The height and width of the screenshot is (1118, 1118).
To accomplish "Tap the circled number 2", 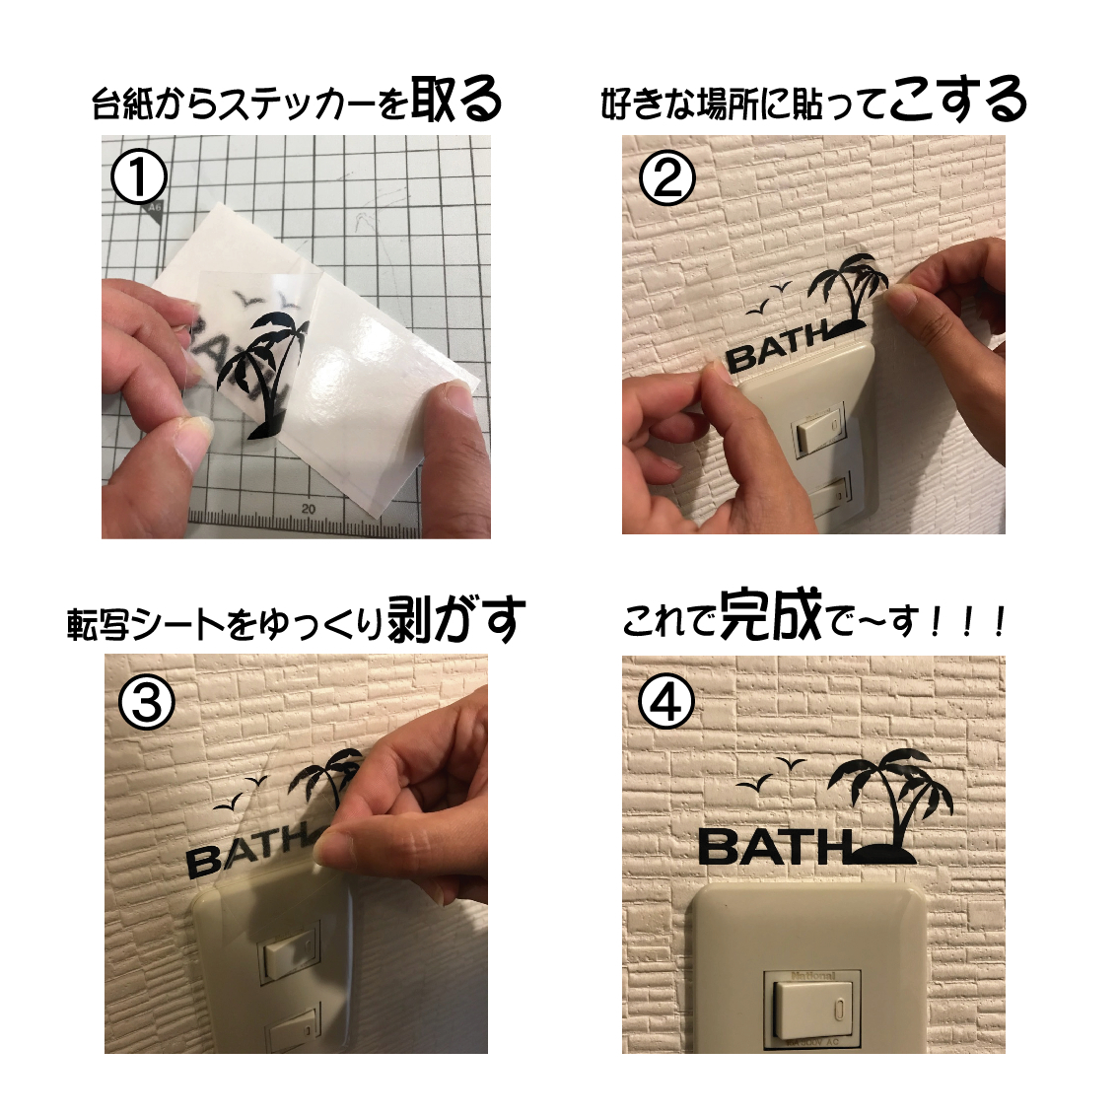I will (667, 179).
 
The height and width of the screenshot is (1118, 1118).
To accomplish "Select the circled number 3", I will (146, 702).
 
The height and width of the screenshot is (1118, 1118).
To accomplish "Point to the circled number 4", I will (666, 703).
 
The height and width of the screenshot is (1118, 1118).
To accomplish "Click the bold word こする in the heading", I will (957, 101).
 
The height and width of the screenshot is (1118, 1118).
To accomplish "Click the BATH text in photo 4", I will (773, 847).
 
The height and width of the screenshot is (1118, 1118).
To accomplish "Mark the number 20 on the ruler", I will (309, 509).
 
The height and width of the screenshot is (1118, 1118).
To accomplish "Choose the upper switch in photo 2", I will (821, 431).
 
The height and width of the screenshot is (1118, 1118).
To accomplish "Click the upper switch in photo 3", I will (291, 957).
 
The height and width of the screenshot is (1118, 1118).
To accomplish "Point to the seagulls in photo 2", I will (769, 299).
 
